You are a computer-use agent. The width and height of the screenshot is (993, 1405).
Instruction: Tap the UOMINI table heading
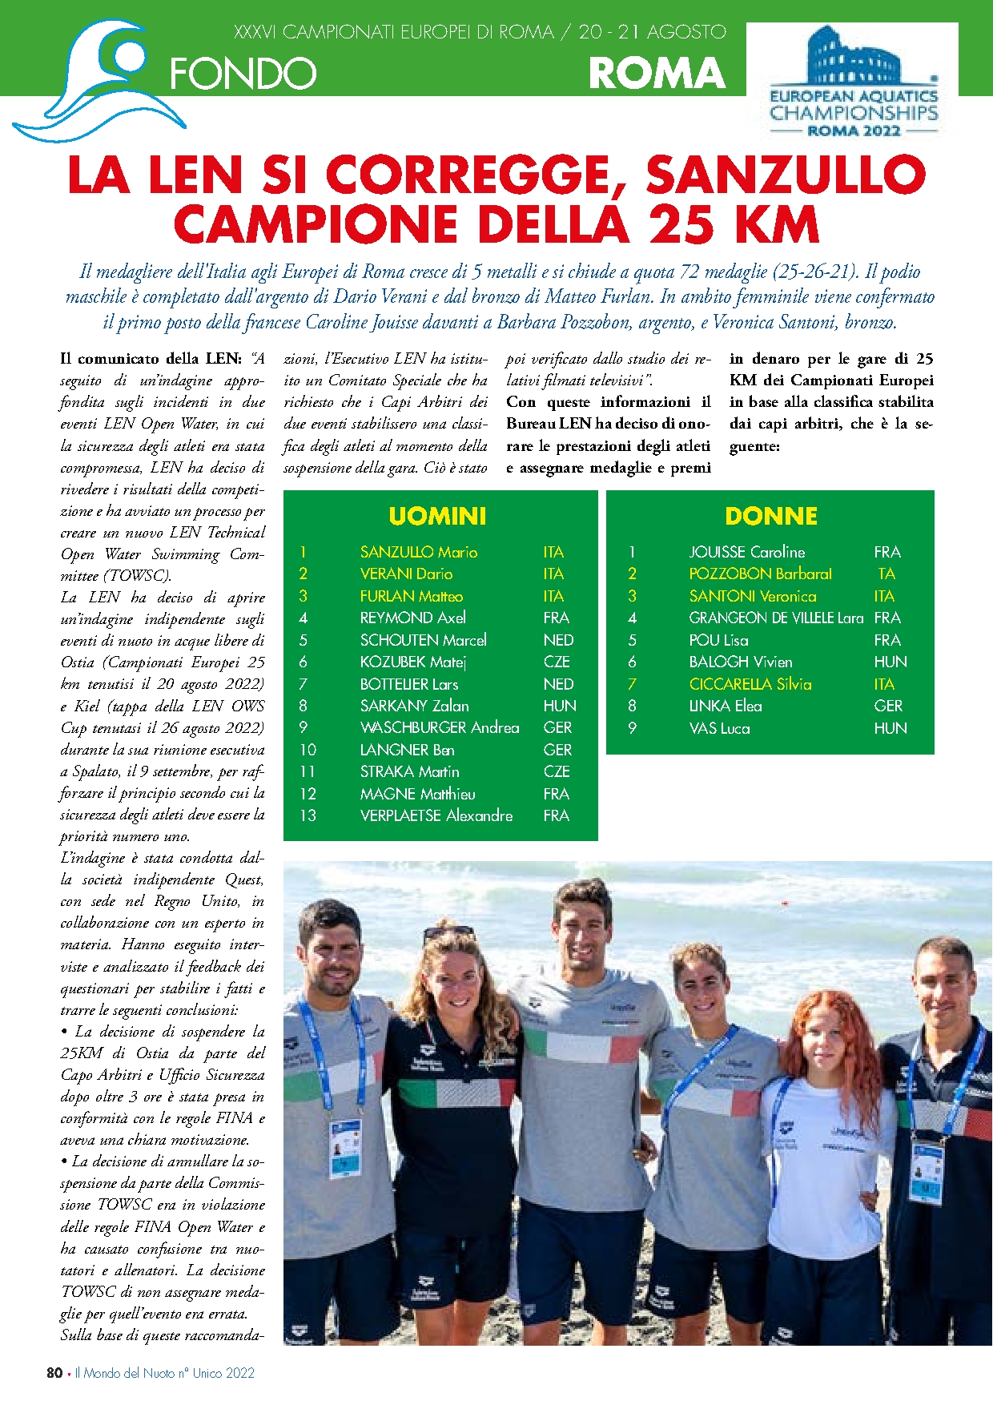[x=437, y=516]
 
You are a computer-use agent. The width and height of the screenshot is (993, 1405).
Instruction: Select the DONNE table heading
[x=770, y=516]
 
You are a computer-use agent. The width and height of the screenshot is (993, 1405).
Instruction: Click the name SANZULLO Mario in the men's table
[x=418, y=552]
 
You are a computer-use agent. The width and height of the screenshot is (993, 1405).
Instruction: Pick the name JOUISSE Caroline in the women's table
[x=746, y=552]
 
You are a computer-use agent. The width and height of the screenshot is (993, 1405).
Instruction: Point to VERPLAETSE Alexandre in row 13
[x=436, y=815]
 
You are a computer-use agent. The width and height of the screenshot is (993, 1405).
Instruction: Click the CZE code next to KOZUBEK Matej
[x=557, y=662]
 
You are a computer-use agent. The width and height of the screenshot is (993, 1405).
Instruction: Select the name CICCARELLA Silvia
[x=750, y=684]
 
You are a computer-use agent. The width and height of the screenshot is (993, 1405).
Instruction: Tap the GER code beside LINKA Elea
[x=887, y=706]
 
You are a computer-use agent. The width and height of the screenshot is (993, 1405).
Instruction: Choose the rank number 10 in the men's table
[x=308, y=750]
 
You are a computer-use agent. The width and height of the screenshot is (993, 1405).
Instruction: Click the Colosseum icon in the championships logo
[x=852, y=56]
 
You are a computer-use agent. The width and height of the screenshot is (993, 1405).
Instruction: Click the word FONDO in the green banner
[x=243, y=74]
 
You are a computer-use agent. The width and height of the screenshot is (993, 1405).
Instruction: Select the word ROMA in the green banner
[x=657, y=74]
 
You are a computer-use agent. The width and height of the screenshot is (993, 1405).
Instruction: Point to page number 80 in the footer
[x=54, y=1372]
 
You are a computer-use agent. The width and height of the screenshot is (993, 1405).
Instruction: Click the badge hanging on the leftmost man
[x=345, y=1147]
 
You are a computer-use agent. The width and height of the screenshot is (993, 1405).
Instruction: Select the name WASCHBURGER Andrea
[x=439, y=727]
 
